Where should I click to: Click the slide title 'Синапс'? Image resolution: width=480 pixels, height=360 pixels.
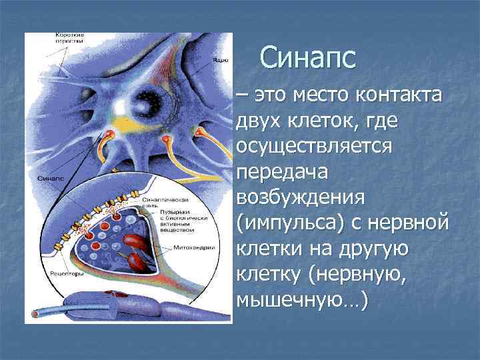[x=308, y=58]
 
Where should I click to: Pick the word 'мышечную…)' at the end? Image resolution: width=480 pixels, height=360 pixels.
[x=301, y=299]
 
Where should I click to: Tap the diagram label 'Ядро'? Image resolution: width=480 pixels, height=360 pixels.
[x=221, y=59]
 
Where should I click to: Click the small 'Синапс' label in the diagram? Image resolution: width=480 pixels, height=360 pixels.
[x=51, y=179]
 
